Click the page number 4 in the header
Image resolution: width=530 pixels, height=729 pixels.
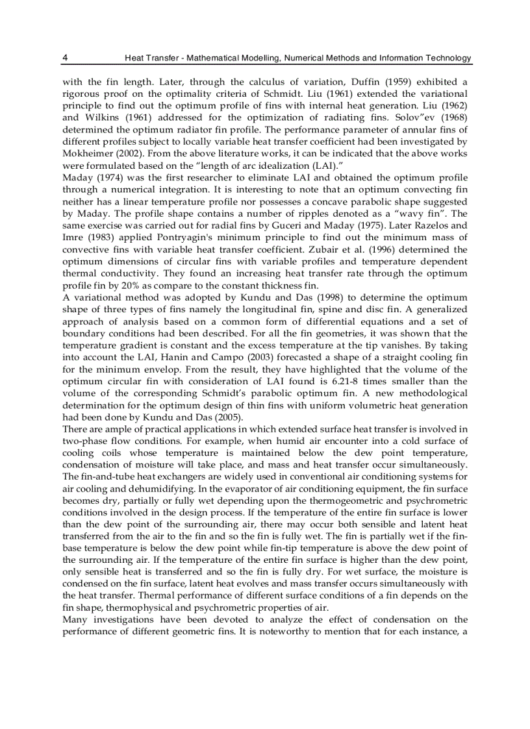tap(66, 58)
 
